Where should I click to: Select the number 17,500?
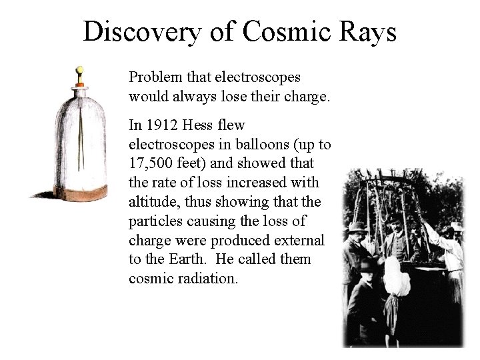pyautogui.click(x=151, y=163)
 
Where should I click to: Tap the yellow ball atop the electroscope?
pyautogui.click(x=79, y=69)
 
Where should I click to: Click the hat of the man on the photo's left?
pyautogui.click(x=358, y=227)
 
